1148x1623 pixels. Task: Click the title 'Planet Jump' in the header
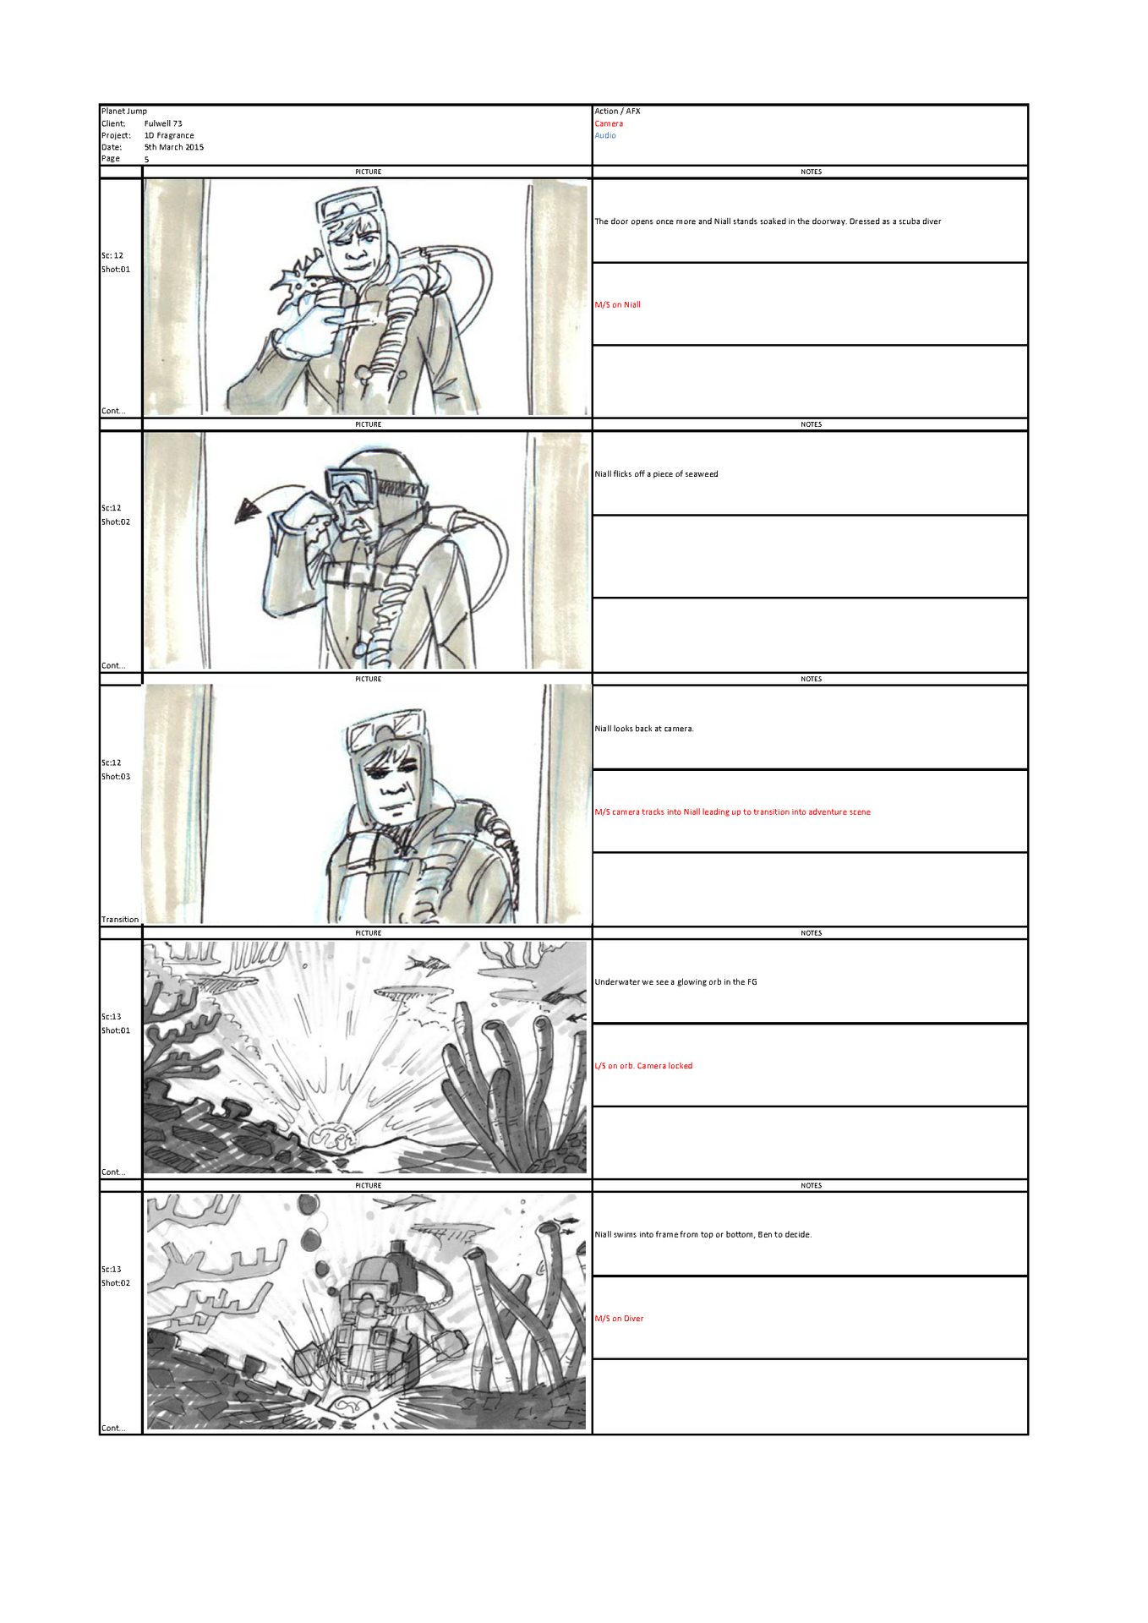[124, 111]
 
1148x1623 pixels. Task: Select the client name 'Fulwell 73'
[163, 123]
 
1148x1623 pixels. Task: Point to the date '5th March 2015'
[174, 147]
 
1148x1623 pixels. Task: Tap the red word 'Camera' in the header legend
[609, 123]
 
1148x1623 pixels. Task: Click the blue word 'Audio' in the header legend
[605, 135]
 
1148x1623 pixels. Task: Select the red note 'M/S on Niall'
[618, 305]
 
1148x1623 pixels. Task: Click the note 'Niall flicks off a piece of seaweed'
[656, 474]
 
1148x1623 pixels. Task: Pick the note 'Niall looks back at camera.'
[644, 729]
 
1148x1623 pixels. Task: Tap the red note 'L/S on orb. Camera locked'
[643, 1066]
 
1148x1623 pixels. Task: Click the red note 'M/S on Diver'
[619, 1319]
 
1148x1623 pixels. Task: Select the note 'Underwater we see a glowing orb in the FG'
[675, 982]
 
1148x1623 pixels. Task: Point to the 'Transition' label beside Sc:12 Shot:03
[120, 920]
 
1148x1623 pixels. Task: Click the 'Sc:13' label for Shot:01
[112, 1017]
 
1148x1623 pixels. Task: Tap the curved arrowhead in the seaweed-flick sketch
[249, 509]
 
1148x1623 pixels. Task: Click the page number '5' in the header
[146, 159]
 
